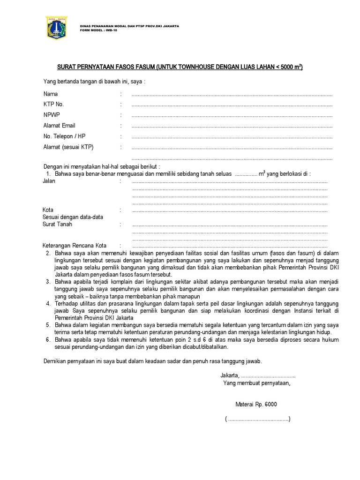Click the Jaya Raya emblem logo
click(56, 28)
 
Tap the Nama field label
click(51, 94)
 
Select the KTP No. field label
click(53, 105)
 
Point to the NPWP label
click(52, 115)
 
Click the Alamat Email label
click(59, 126)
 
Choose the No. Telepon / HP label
click(64, 136)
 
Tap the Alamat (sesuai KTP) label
click(68, 147)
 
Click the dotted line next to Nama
click(232, 95)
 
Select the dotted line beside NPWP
click(232, 116)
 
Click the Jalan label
click(49, 181)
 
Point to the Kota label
click(48, 210)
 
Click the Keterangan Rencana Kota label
click(75, 245)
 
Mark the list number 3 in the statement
click(48, 281)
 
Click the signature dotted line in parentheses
click(257, 419)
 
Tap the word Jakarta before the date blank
click(230, 375)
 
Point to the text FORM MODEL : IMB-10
click(98, 29)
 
